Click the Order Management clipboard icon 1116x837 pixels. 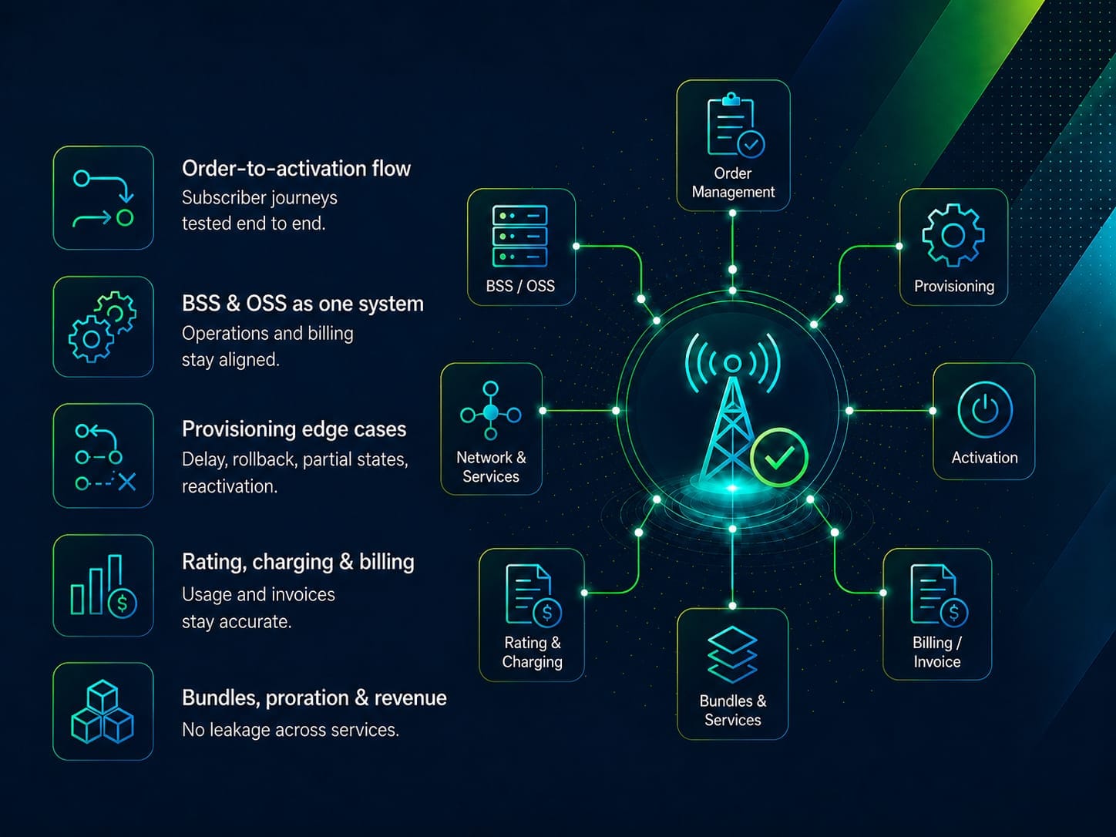735,125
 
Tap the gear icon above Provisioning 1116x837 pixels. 953,235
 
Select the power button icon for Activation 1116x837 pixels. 985,409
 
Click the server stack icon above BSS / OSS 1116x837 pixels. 519,236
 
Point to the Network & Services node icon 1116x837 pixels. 491,411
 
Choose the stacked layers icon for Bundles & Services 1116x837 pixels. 733,654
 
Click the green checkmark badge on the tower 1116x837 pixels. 779,457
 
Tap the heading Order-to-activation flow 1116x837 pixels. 296,169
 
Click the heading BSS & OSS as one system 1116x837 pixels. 303,304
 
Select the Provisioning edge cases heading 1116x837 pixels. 294,429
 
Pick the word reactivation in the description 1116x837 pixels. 230,486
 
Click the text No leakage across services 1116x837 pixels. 291,730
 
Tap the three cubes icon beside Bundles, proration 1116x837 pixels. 103,711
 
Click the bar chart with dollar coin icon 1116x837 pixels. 103,586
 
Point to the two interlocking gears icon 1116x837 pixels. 103,327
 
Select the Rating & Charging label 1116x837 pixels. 533,652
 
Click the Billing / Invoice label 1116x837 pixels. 937,652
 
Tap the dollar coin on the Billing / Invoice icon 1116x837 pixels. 954,613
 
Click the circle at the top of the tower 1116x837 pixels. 732,363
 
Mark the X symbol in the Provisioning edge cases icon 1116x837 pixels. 126,482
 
